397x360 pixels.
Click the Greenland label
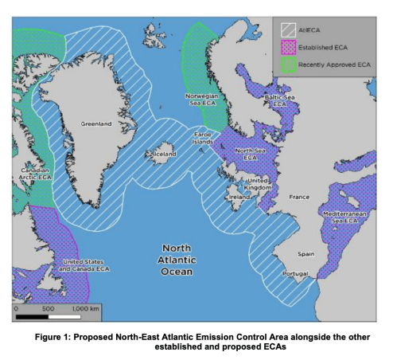95,124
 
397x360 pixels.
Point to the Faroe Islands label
204,139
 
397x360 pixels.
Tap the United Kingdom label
260,184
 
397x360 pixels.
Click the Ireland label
239,196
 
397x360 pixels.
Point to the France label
299,196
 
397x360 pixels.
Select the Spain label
306,255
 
